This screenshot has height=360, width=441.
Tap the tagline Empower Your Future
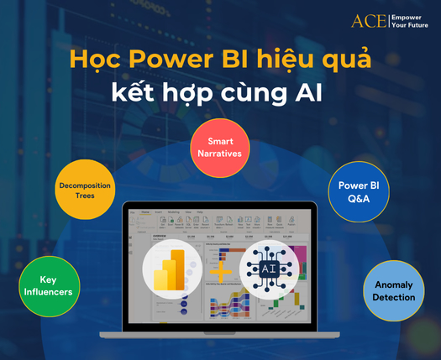click(411, 19)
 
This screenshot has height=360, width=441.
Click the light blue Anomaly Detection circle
click(395, 290)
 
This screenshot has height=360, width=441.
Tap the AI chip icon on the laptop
click(269, 269)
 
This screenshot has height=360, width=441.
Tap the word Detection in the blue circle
click(395, 297)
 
